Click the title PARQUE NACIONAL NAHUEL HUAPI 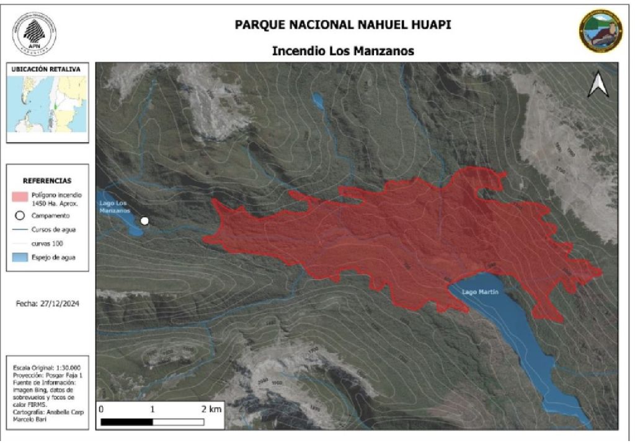pyautogui.click(x=343, y=25)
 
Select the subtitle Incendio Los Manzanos pyautogui.click(x=343, y=51)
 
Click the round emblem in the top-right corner pyautogui.click(x=600, y=31)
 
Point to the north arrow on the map pyautogui.click(x=598, y=86)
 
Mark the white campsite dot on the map pyautogui.click(x=144, y=221)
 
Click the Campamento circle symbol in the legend pyautogui.click(x=19, y=216)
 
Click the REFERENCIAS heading pyautogui.click(x=47, y=181)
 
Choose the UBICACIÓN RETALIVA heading pyautogui.click(x=46, y=69)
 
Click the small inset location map pyautogui.click(x=47, y=106)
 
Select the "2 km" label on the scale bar pyautogui.click(x=211, y=409)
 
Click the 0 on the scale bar pyautogui.click(x=101, y=409)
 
